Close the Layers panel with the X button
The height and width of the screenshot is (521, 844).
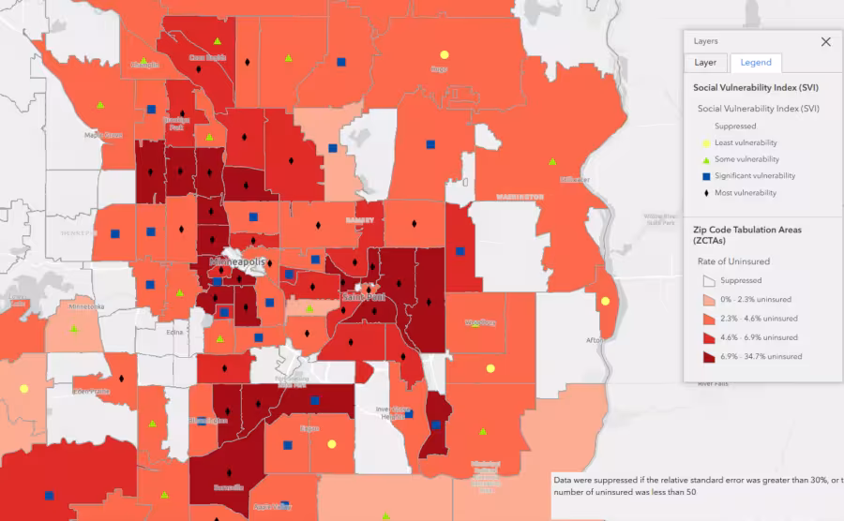(825, 42)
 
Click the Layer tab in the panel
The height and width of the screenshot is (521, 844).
(705, 63)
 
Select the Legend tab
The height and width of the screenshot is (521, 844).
(756, 63)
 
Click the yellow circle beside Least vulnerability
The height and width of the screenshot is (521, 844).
(705, 142)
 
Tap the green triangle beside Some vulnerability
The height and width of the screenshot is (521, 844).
(705, 159)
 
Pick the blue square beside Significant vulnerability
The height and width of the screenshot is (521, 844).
(705, 176)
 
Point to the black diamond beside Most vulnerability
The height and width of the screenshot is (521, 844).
(705, 193)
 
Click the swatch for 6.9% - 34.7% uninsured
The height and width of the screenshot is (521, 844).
(710, 357)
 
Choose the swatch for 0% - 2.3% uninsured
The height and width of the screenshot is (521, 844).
(710, 300)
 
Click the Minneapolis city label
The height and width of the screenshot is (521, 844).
(237, 261)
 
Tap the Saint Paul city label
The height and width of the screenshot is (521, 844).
(362, 297)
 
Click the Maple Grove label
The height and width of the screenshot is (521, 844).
(103, 135)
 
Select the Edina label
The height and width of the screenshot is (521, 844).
(174, 332)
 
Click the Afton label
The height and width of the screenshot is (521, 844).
(594, 340)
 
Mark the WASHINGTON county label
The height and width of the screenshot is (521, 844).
(520, 198)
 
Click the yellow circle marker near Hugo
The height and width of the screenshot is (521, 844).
(445, 54)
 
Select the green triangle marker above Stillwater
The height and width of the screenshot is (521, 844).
(552, 160)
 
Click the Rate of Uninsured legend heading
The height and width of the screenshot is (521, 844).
(732, 261)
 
